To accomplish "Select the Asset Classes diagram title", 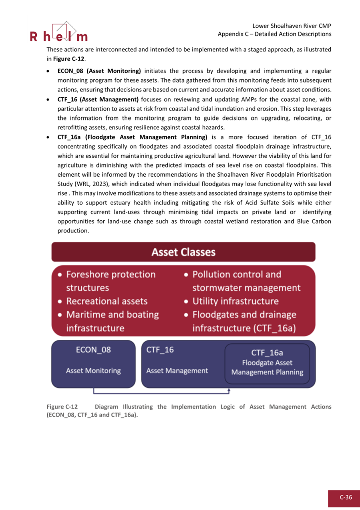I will tap(183, 252).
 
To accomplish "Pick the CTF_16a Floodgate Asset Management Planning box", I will tap(267, 364).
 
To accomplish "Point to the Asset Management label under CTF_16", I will tap(177, 371).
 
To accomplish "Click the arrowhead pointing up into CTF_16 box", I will tap(229, 389).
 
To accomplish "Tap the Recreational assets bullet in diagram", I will tap(107, 301).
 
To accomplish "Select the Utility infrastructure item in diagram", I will tap(235, 301).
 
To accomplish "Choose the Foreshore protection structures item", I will tap(111, 281).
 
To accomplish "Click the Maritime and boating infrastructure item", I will tap(112, 321).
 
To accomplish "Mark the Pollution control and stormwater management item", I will tap(246, 281).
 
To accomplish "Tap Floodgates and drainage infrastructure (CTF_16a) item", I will tap(244, 321).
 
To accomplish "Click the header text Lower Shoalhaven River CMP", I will tap(292, 26).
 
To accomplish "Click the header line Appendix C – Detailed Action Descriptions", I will tap(274, 34).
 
